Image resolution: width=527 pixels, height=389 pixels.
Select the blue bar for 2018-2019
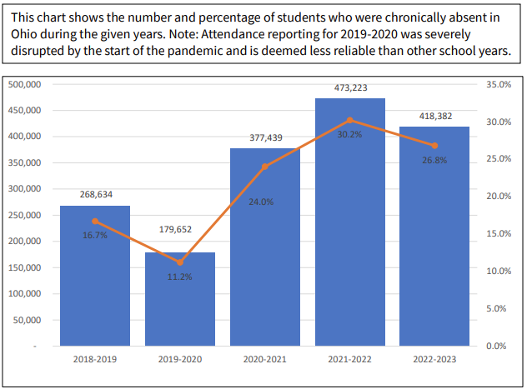coord(95,283)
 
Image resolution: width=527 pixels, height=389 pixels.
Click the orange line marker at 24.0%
coord(265,167)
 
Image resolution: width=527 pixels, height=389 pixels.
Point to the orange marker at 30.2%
coord(350,120)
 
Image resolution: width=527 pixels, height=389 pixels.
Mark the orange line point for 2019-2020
coord(180,262)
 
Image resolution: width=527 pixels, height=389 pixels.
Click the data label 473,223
coord(350,87)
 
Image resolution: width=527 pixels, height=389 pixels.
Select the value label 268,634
coord(95,194)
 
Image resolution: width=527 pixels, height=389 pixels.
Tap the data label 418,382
coord(434,116)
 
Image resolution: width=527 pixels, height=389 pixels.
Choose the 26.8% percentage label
coord(434,160)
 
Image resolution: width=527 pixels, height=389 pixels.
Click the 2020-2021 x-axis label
coord(265,359)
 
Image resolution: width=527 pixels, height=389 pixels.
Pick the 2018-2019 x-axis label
coord(95,359)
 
